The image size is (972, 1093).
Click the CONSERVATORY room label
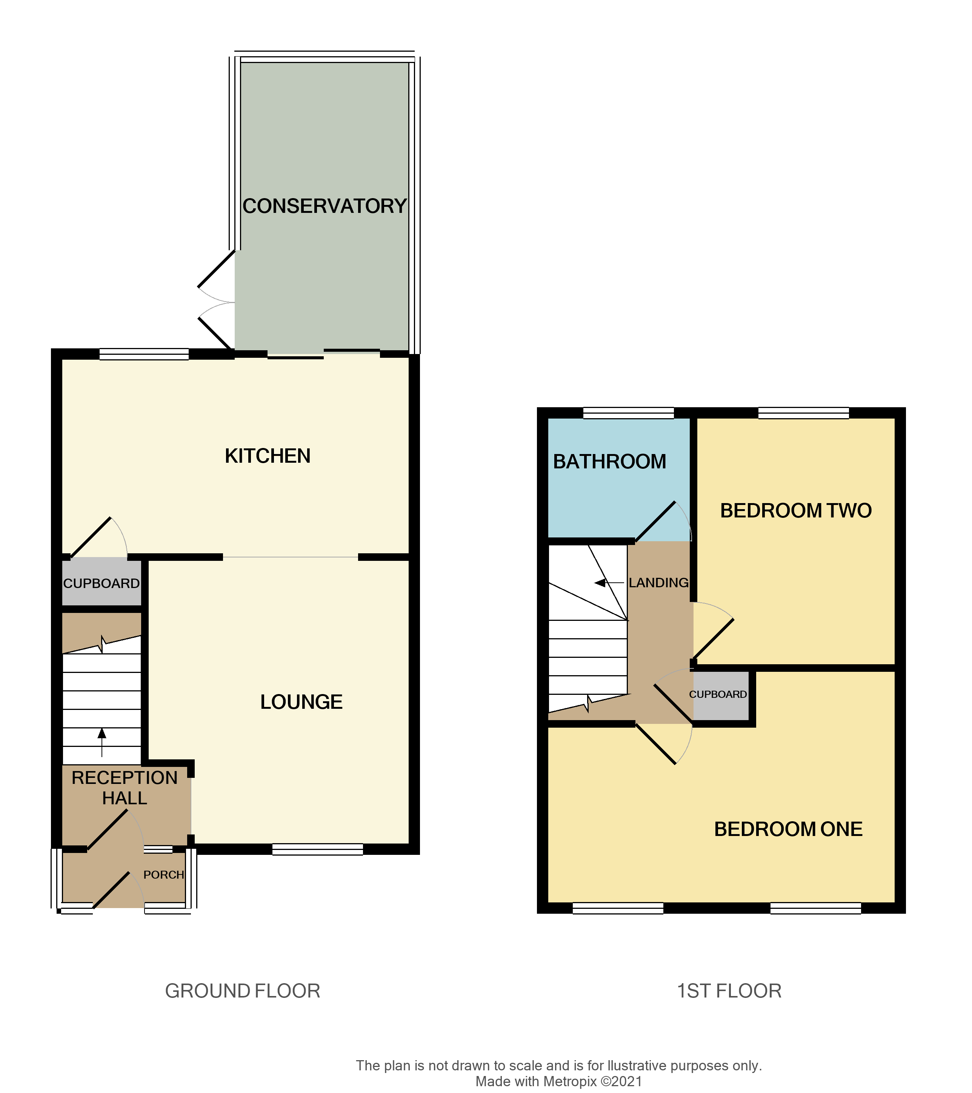(325, 206)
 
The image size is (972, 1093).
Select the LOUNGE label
(301, 702)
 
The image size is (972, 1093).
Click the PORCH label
(164, 875)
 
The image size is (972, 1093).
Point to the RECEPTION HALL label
(125, 788)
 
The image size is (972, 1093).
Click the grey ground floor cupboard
(102, 583)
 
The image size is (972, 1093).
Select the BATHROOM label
(609, 462)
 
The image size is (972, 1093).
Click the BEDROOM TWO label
(795, 511)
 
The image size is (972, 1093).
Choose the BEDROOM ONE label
(788, 830)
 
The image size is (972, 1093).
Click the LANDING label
(658, 583)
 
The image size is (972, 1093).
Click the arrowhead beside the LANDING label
(600, 583)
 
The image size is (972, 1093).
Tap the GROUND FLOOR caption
(242, 991)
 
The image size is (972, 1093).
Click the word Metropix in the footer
(570, 1081)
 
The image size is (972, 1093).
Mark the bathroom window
(628, 413)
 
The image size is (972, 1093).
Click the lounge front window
(318, 849)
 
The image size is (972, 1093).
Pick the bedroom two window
(804, 413)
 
